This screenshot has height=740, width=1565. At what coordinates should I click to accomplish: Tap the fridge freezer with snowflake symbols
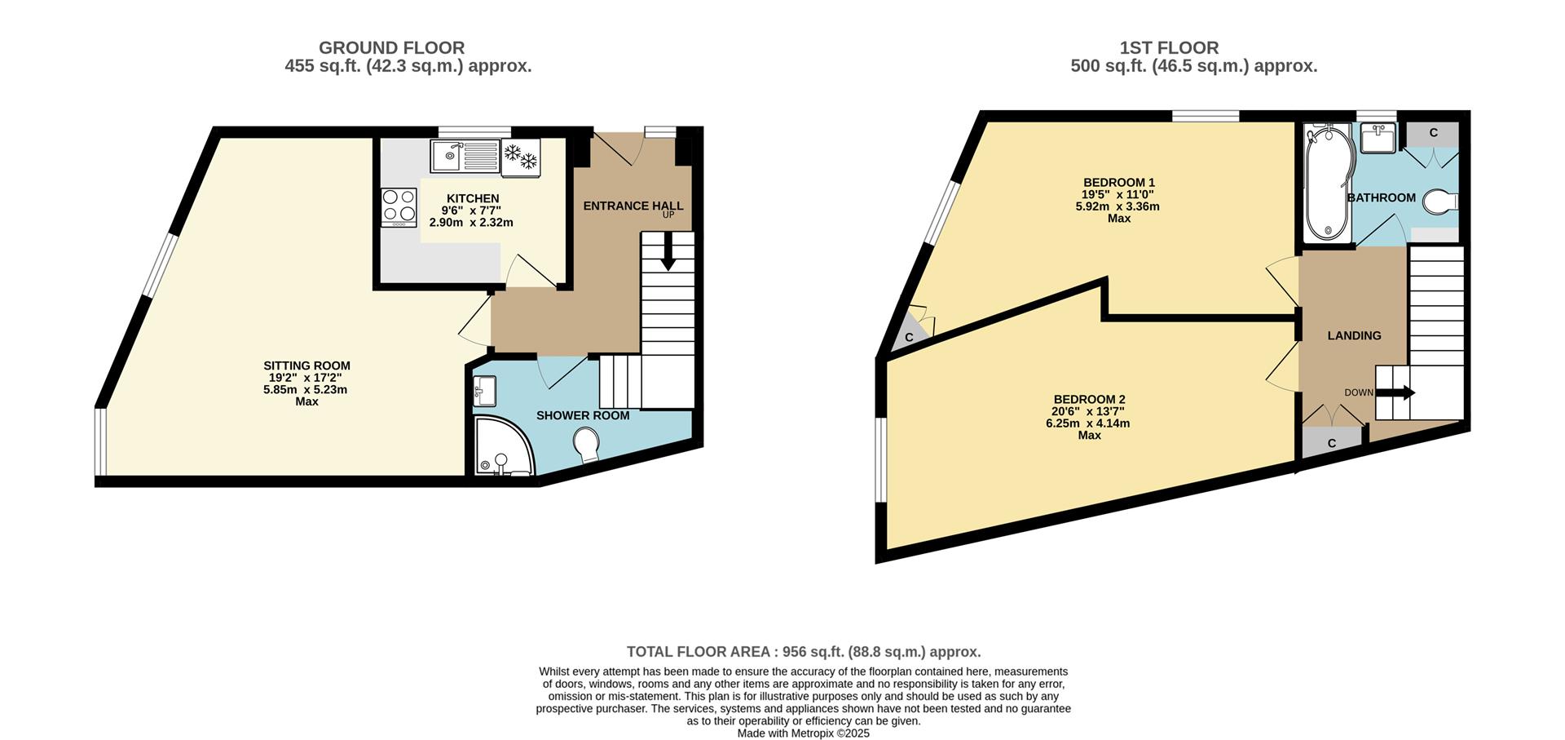coord(520,157)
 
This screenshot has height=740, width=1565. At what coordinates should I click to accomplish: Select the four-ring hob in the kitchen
coord(399,207)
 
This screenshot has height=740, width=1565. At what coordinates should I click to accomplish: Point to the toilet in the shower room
coord(587,446)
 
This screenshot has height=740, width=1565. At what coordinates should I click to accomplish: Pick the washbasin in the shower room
coord(484,391)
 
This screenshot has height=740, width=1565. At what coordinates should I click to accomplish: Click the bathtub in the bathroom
coord(1327,183)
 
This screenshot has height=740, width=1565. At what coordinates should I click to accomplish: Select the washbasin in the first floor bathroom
coord(1378,138)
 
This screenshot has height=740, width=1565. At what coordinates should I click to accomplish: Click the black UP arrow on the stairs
coord(668,251)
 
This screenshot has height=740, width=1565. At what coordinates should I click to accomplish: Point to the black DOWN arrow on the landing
coord(1395,392)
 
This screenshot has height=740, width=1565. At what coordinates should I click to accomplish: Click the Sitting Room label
coord(306,366)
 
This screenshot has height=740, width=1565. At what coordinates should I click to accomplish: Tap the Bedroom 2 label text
coord(1089,399)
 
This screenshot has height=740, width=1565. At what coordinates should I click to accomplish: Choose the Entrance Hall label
coord(633,206)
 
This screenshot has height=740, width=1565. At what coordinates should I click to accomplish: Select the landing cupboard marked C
coord(1332,443)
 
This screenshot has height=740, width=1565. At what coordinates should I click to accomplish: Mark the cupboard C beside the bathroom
coord(1433,133)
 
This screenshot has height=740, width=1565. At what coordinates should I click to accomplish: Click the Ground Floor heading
coord(391,48)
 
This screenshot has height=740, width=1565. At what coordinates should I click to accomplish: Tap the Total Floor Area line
coord(804,652)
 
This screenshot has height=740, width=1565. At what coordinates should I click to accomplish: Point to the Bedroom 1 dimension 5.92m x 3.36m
coord(1118,206)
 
